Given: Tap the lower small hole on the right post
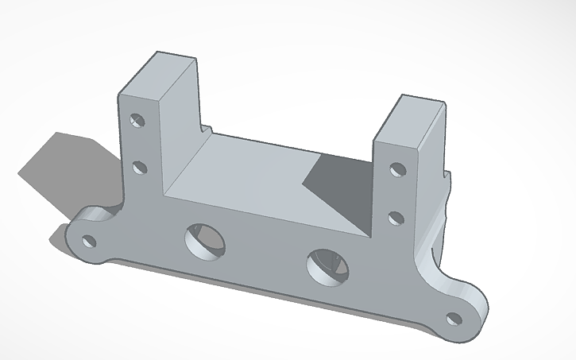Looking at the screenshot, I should tap(395, 216).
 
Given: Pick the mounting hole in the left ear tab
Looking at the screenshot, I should tap(91, 240).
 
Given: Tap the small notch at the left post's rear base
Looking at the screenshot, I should tap(207, 127).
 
